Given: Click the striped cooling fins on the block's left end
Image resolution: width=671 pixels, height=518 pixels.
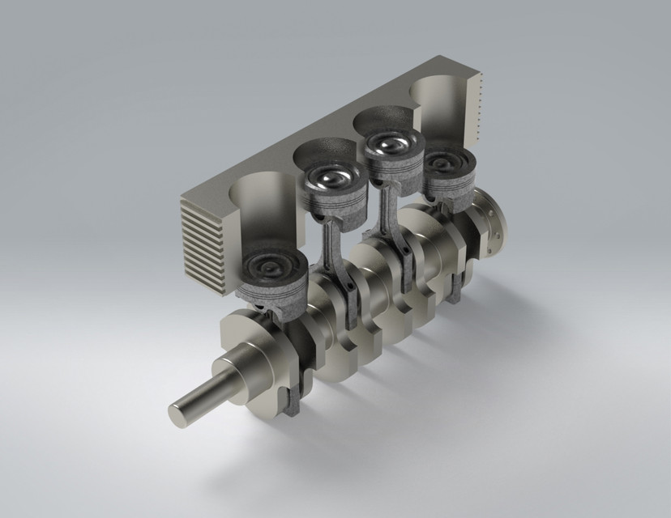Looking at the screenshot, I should click(x=201, y=243).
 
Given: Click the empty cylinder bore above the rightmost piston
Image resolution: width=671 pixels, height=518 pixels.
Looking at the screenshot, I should click(x=438, y=109).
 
